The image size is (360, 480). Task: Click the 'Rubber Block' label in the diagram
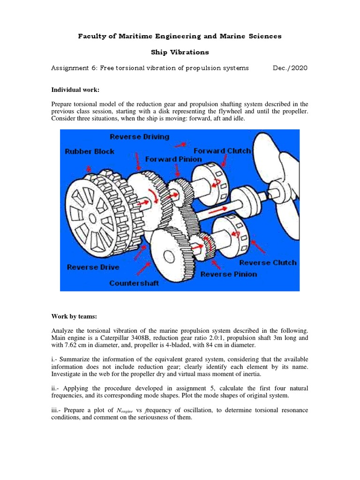[90, 151]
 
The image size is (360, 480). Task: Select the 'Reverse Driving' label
[139, 136]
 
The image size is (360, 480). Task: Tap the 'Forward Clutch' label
[222, 151]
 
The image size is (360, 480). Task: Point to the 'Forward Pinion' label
[173, 159]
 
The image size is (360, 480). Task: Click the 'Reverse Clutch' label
[268, 262]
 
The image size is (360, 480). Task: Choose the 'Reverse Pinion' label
[229, 274]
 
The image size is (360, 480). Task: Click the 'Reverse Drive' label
[93, 267]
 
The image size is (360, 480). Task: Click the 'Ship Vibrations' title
[180, 52]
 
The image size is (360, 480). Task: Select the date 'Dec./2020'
[290, 68]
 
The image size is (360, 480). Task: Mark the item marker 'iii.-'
[58, 410]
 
